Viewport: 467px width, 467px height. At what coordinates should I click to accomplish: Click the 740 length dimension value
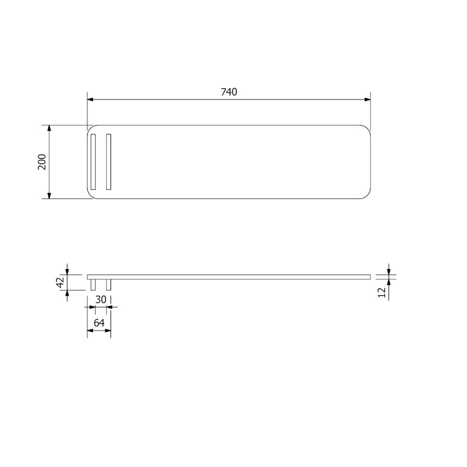point(229,92)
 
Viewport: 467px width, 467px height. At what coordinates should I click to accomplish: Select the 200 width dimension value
point(42,162)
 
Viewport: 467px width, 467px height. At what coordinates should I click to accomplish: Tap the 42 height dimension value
point(60,282)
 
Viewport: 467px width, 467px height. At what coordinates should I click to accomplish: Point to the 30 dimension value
point(101,299)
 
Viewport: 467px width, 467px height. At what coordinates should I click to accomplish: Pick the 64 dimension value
point(99,323)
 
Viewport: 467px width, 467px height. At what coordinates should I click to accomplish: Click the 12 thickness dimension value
point(382,292)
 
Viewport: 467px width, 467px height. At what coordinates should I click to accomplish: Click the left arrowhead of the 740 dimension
point(90,99)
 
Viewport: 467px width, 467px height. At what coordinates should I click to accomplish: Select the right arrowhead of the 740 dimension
point(367,99)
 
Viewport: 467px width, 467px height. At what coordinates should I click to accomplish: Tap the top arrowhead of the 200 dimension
point(49,128)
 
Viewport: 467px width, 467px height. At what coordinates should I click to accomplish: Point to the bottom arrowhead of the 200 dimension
point(49,196)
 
